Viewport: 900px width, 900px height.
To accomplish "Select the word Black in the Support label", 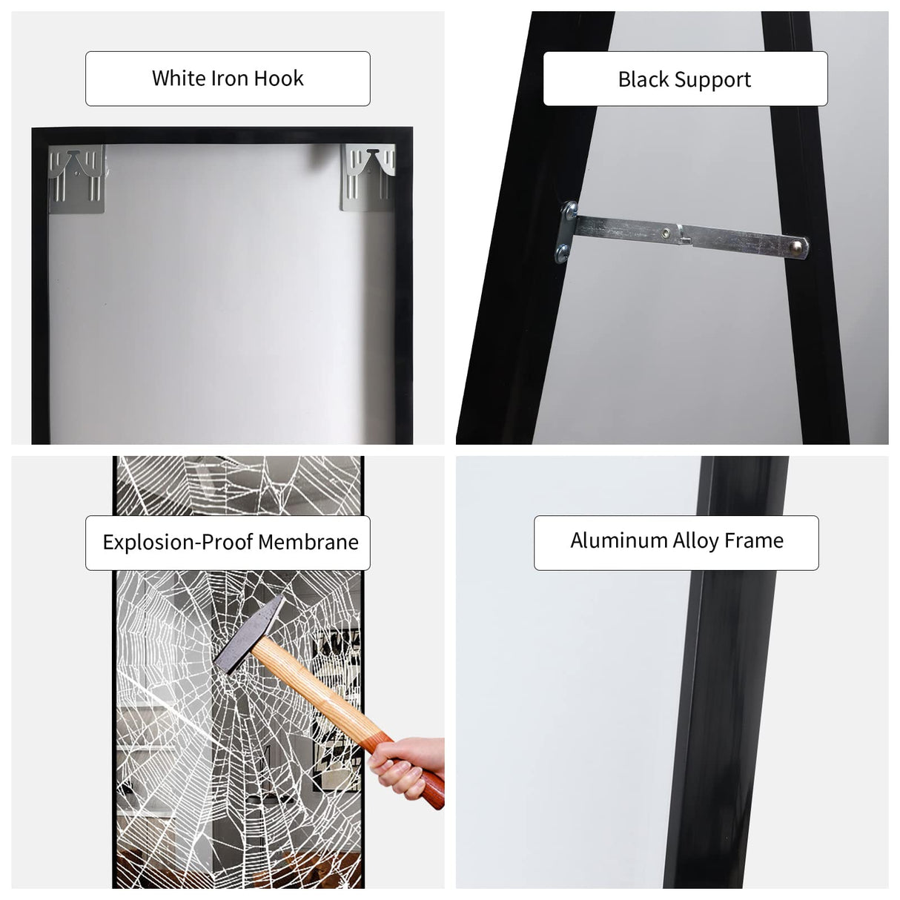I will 643,79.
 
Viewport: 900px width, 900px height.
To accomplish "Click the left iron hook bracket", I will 77,176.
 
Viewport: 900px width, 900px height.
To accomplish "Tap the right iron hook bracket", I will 368,177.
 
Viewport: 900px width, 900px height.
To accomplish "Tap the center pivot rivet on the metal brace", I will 668,232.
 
